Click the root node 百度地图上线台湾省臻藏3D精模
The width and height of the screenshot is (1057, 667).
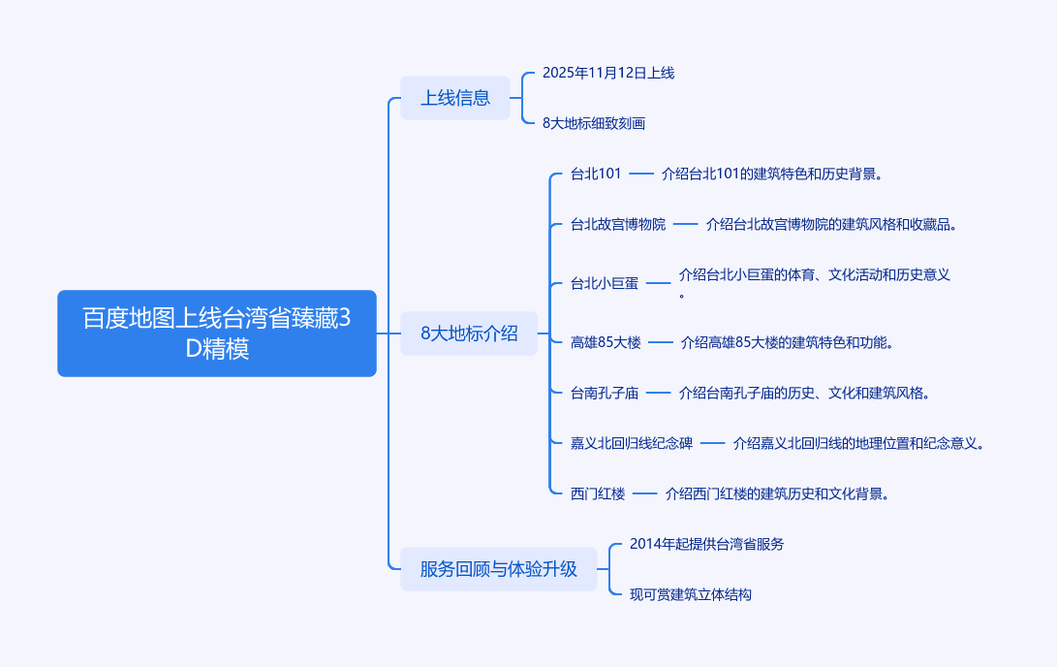pyautogui.click(x=216, y=333)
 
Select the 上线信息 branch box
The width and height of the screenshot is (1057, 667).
pyautogui.click(x=454, y=98)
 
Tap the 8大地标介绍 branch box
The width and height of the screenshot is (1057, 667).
pyautogui.click(x=469, y=333)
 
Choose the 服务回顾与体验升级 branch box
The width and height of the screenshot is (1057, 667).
pyautogui.click(x=498, y=569)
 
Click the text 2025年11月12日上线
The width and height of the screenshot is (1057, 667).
pyautogui.click(x=607, y=73)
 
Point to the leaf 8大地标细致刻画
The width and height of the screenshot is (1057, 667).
pyautogui.click(x=593, y=123)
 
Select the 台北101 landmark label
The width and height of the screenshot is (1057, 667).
pyautogui.click(x=595, y=175)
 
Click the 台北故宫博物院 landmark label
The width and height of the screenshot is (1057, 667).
pyautogui.click(x=618, y=225)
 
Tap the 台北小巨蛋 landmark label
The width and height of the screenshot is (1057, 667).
pyautogui.click(x=605, y=284)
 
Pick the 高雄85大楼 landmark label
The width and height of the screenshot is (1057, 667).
pyautogui.click(x=606, y=342)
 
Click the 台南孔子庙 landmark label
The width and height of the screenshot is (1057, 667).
pyautogui.click(x=605, y=394)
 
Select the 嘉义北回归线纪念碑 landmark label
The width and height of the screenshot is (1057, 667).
pyautogui.click(x=632, y=444)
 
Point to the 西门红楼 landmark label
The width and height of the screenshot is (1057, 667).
pyautogui.click(x=598, y=494)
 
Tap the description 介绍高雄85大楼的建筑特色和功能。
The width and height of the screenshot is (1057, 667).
pyautogui.click(x=787, y=342)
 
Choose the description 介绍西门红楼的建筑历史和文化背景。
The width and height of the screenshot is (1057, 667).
pyautogui.click(x=777, y=494)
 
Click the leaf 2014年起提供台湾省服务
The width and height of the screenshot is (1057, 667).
pyautogui.click(x=706, y=544)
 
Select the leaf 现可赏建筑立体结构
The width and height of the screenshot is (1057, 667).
pyautogui.click(x=690, y=594)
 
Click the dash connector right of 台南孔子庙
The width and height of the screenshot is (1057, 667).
pyautogui.click(x=659, y=394)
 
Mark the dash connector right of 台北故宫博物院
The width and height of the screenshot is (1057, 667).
pyautogui.click(x=686, y=225)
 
